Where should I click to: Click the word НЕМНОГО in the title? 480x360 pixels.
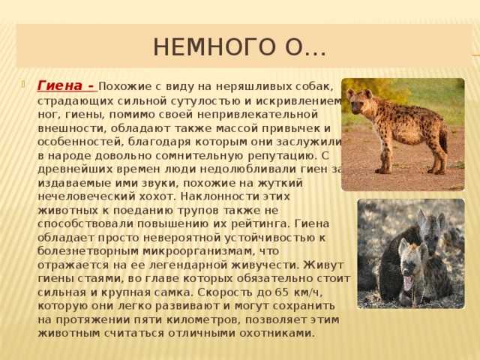click(x=212, y=46)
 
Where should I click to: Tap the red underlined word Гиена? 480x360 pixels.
click(x=60, y=86)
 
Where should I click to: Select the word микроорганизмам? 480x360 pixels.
click(x=199, y=252)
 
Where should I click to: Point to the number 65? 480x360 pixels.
click(x=282, y=292)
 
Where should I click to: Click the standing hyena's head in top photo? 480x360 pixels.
click(x=358, y=101)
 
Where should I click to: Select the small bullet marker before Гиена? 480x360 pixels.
click(x=23, y=83)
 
